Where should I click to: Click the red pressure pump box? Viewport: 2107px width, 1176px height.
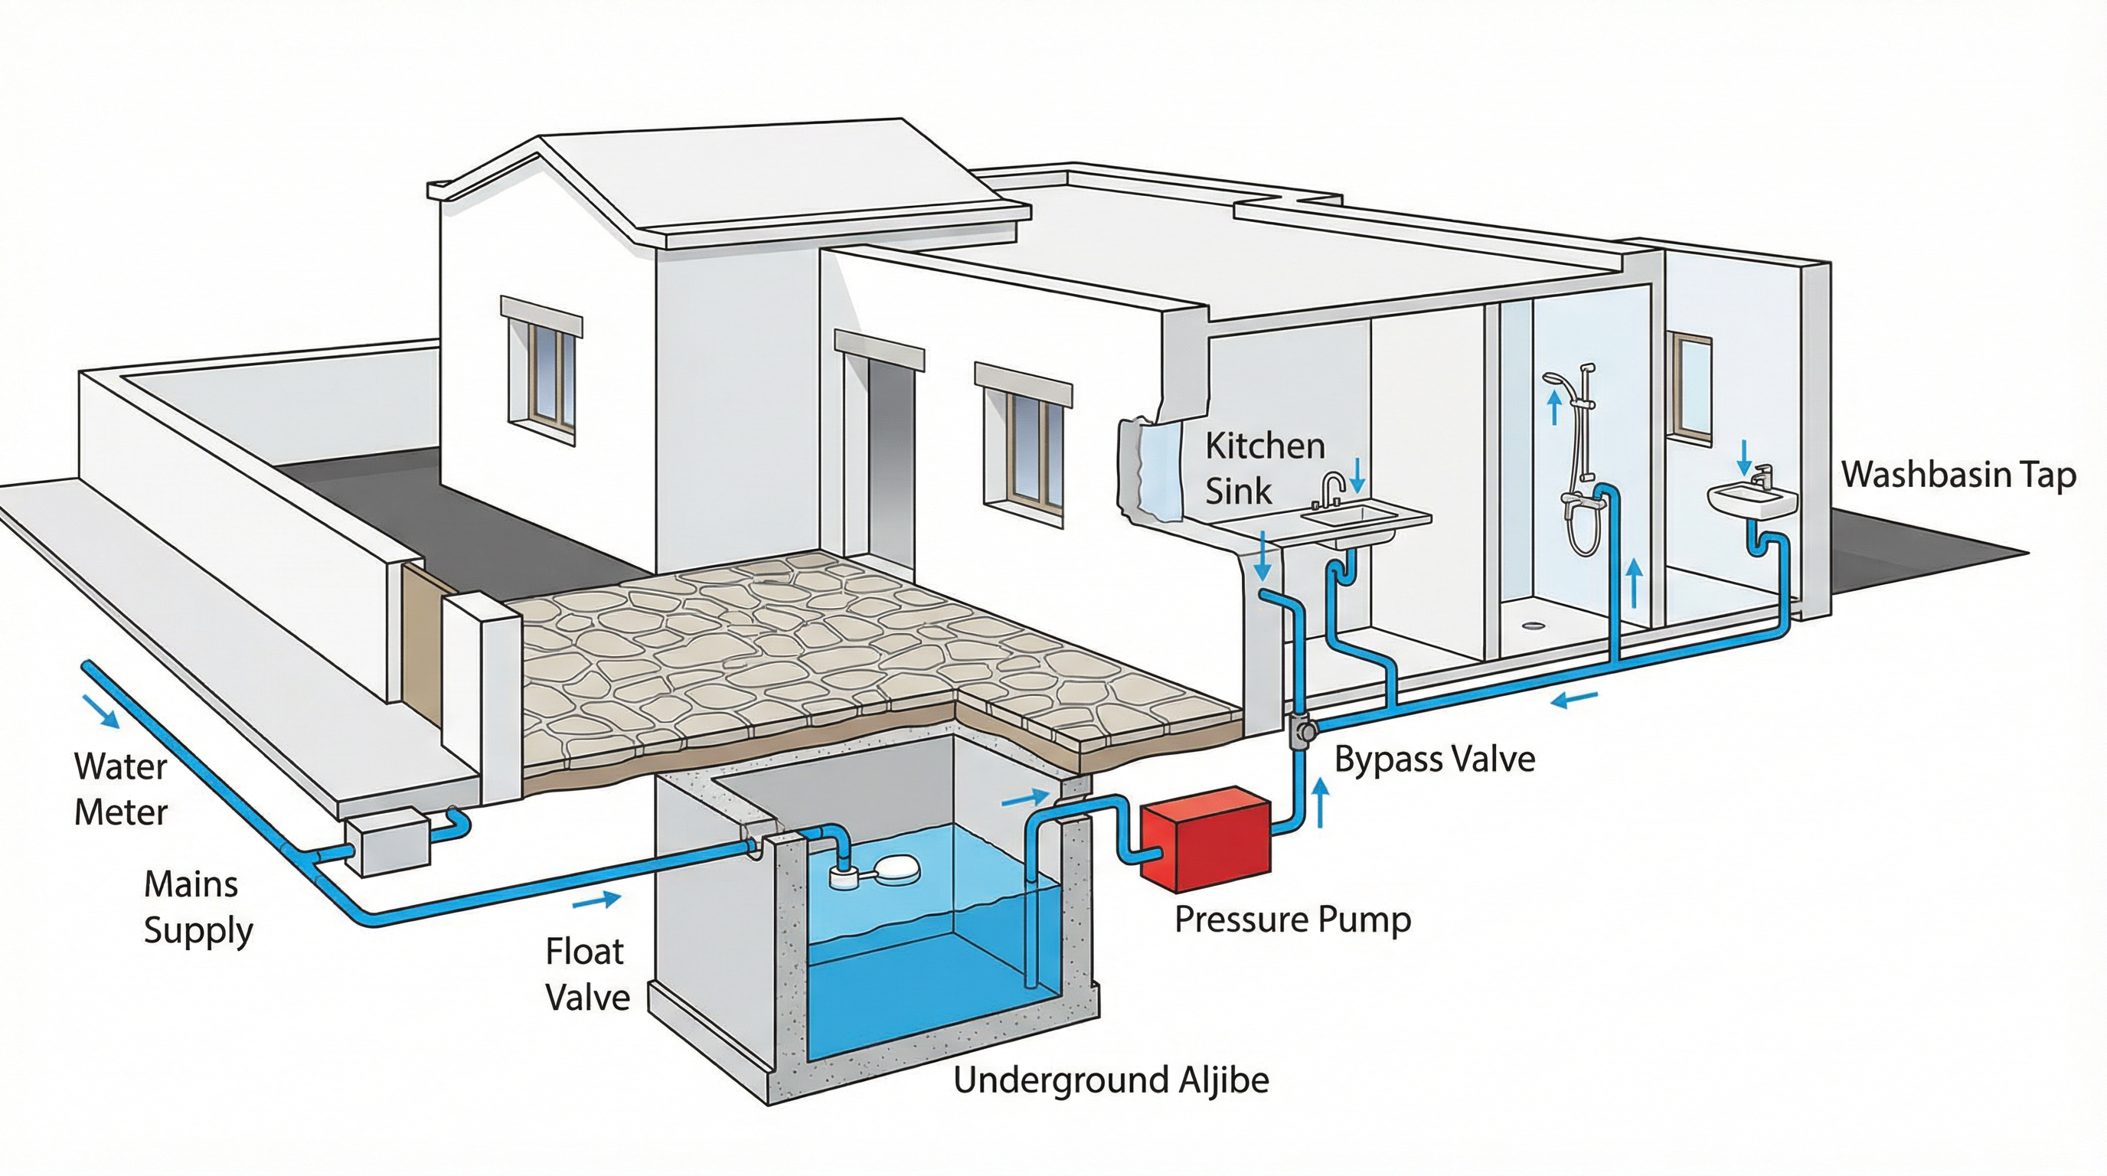(x=1206, y=839)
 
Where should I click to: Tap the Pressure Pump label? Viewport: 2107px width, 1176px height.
(x=1292, y=920)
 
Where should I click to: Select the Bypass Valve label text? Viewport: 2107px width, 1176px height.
(x=1434, y=759)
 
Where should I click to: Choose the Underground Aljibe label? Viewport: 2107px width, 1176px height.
(x=1111, y=1080)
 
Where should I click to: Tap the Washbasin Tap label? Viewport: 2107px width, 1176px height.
(x=1958, y=475)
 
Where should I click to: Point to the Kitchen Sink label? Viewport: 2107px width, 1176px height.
(x=1264, y=469)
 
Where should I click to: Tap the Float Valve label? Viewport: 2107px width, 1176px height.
(x=586, y=974)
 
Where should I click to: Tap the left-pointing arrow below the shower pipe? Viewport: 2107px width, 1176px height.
(x=1575, y=699)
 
